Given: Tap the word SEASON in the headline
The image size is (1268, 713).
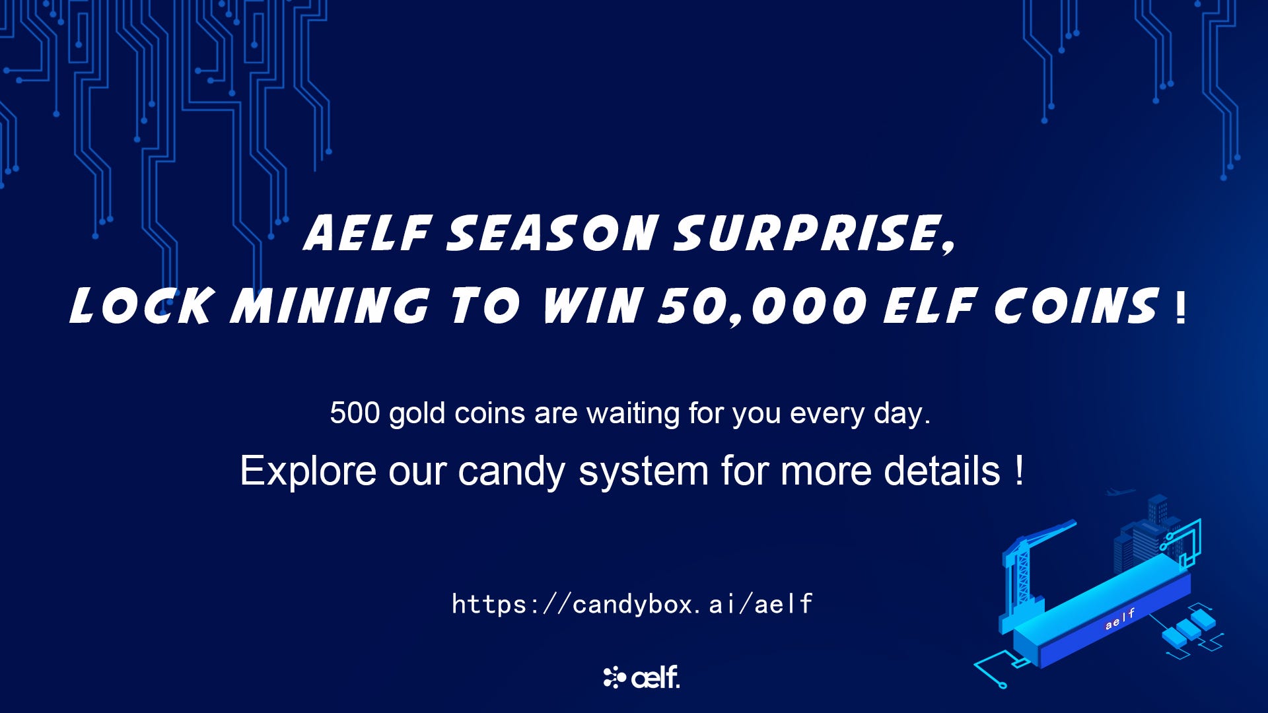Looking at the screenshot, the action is tap(552, 233).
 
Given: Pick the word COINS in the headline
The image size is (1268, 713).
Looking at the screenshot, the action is tap(1077, 306).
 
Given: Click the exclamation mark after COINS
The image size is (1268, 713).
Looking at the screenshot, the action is tap(1181, 309).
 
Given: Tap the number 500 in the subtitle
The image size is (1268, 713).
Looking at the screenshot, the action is tap(355, 413).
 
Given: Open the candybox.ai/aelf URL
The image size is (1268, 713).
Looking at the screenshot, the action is tap(633, 604).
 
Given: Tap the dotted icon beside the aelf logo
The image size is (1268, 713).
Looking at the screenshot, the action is tap(614, 678).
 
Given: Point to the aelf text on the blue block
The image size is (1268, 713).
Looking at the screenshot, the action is tap(1120, 619).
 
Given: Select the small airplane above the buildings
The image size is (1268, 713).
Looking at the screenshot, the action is tap(1121, 492).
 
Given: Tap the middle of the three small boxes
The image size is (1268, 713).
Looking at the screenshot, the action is tap(1189, 628).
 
